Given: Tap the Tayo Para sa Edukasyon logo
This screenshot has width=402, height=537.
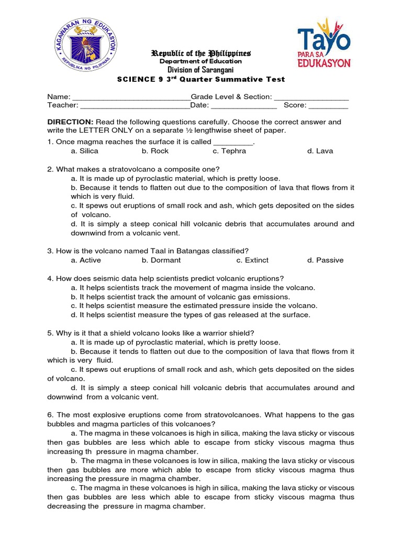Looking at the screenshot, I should (x=324, y=43).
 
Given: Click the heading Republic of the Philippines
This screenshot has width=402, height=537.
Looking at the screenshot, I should (x=201, y=53).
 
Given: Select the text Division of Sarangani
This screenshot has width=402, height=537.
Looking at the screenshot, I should (x=200, y=70).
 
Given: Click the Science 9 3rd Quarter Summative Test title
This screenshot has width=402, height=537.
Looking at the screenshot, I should (x=200, y=79).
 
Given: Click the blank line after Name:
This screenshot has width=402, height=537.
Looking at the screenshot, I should (x=131, y=98).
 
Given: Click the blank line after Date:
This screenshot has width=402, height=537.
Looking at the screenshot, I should (x=243, y=105).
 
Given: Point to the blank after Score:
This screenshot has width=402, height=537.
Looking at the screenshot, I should (x=328, y=105).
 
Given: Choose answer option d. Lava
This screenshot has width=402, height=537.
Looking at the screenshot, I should (x=320, y=151).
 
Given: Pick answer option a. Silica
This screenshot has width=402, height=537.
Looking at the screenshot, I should (x=84, y=151).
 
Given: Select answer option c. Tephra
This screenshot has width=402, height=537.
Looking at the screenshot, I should (x=229, y=151).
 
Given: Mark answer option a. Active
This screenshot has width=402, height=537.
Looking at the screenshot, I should (x=86, y=260).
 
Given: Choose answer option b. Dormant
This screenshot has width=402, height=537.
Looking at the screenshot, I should (x=161, y=260).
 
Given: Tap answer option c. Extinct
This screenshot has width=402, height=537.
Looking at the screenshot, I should (x=252, y=260).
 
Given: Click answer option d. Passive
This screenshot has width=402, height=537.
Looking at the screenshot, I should (x=325, y=260).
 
